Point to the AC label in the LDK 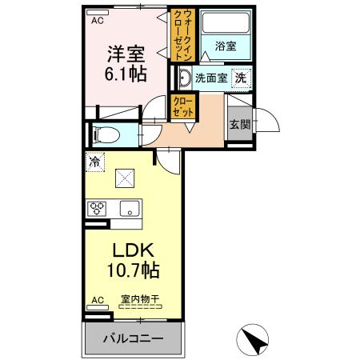click(97, 300)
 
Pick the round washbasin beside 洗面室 click(183, 78)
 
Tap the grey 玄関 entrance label click(238, 124)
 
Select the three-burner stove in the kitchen click(98, 209)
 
